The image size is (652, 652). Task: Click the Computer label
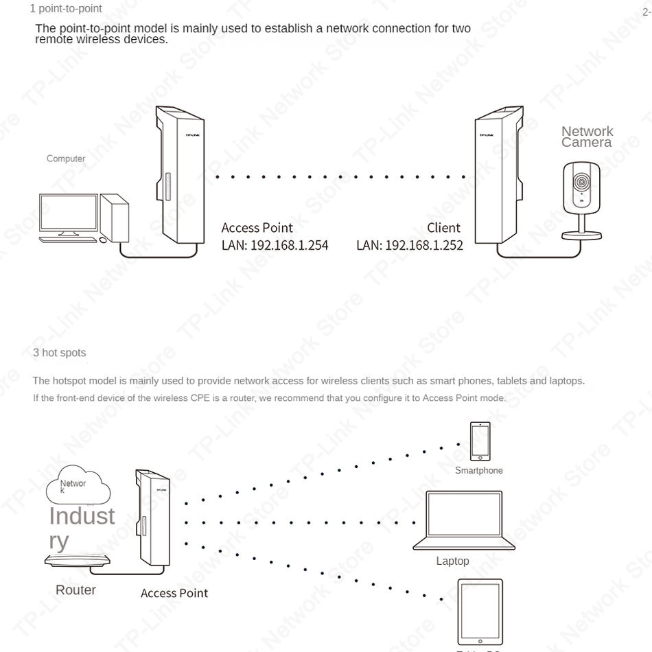tap(66, 159)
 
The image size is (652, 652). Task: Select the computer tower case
tap(115, 218)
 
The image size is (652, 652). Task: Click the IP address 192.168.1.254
tap(289, 245)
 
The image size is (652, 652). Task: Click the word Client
tap(443, 228)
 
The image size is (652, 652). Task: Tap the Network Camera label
tap(587, 137)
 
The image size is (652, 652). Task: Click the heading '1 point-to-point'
tap(66, 9)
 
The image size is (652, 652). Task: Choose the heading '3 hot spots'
tap(60, 353)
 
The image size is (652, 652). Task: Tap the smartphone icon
tap(480, 441)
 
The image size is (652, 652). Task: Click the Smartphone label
tap(479, 471)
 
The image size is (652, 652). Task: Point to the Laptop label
tap(453, 561)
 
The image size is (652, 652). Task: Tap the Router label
tap(75, 590)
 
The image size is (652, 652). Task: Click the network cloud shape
tap(77, 487)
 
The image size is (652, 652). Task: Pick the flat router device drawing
tap(77, 560)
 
